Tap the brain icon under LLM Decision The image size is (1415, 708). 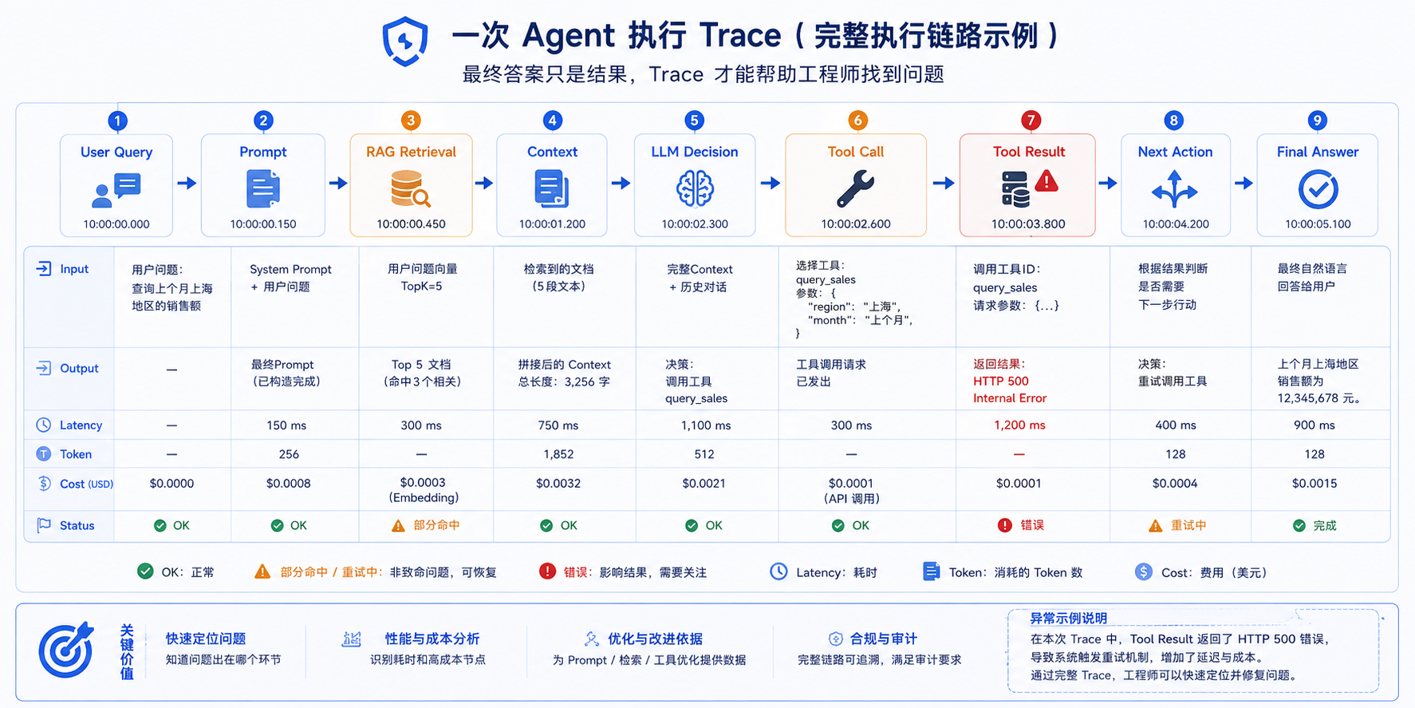(695, 189)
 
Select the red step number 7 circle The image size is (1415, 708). (1031, 121)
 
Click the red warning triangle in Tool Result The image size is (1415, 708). (1046, 182)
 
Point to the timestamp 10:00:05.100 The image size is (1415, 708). (1318, 224)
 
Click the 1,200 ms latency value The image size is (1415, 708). (1019, 425)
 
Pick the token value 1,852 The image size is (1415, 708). (558, 454)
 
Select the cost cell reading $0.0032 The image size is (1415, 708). (558, 484)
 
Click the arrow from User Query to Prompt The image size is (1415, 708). (187, 184)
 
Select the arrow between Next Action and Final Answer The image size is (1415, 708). (1244, 184)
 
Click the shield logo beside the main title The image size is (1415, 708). (405, 41)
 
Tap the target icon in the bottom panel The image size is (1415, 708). (66, 651)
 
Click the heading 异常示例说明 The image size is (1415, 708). (1068, 618)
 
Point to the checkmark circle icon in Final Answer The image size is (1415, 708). (1318, 190)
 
